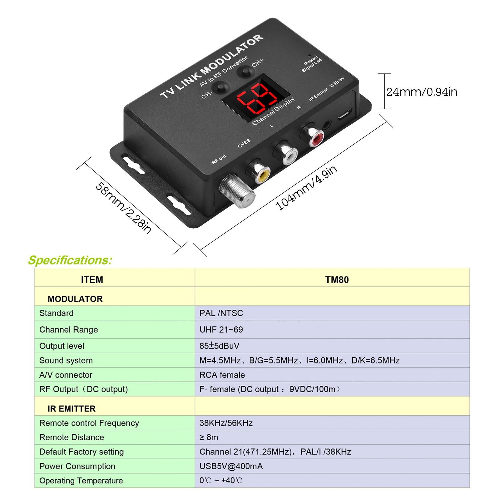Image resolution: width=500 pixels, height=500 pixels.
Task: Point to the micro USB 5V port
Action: tap(345, 115)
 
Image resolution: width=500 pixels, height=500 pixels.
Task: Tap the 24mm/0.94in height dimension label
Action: tap(422, 92)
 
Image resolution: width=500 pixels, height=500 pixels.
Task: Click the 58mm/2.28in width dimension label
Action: tap(123, 208)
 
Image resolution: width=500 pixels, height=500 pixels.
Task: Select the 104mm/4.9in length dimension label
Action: tap(306, 188)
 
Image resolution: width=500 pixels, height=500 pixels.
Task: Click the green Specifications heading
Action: tap(70, 260)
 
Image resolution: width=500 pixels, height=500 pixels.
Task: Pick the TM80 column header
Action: tap(337, 280)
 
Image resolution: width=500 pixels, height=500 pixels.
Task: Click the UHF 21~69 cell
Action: tap(221, 329)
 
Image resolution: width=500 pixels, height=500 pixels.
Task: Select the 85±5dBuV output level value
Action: tap(219, 346)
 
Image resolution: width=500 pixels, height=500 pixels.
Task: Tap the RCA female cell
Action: tap(222, 375)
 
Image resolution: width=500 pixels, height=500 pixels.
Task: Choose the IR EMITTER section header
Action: tap(72, 408)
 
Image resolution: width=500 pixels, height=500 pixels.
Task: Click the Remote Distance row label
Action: tap(72, 437)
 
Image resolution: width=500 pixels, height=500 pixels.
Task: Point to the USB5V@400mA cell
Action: tap(231, 466)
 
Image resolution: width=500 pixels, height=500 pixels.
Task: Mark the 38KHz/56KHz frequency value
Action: tap(226, 423)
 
